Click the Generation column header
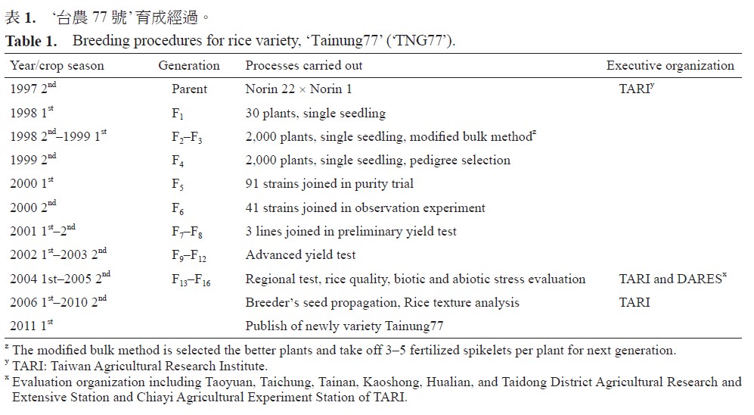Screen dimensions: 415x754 click(189, 66)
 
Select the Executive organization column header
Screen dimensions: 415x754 click(670, 66)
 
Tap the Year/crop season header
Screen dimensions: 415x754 click(57, 66)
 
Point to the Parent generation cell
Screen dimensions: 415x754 click(189, 89)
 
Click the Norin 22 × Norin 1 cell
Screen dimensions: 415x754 click(299, 89)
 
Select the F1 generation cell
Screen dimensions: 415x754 click(178, 114)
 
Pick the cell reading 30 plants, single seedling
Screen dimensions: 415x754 click(315, 114)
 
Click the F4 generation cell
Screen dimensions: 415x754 click(178, 161)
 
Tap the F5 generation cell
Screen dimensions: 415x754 click(178, 185)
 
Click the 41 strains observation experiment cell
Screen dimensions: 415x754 click(365, 208)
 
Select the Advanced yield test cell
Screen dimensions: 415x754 click(300, 255)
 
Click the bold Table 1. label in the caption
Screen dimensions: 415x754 click(29, 41)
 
